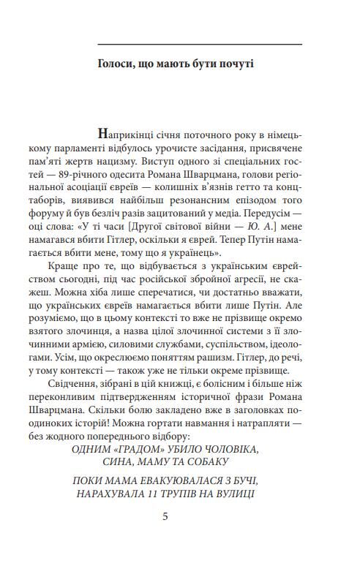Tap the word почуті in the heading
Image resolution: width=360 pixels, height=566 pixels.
235,64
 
